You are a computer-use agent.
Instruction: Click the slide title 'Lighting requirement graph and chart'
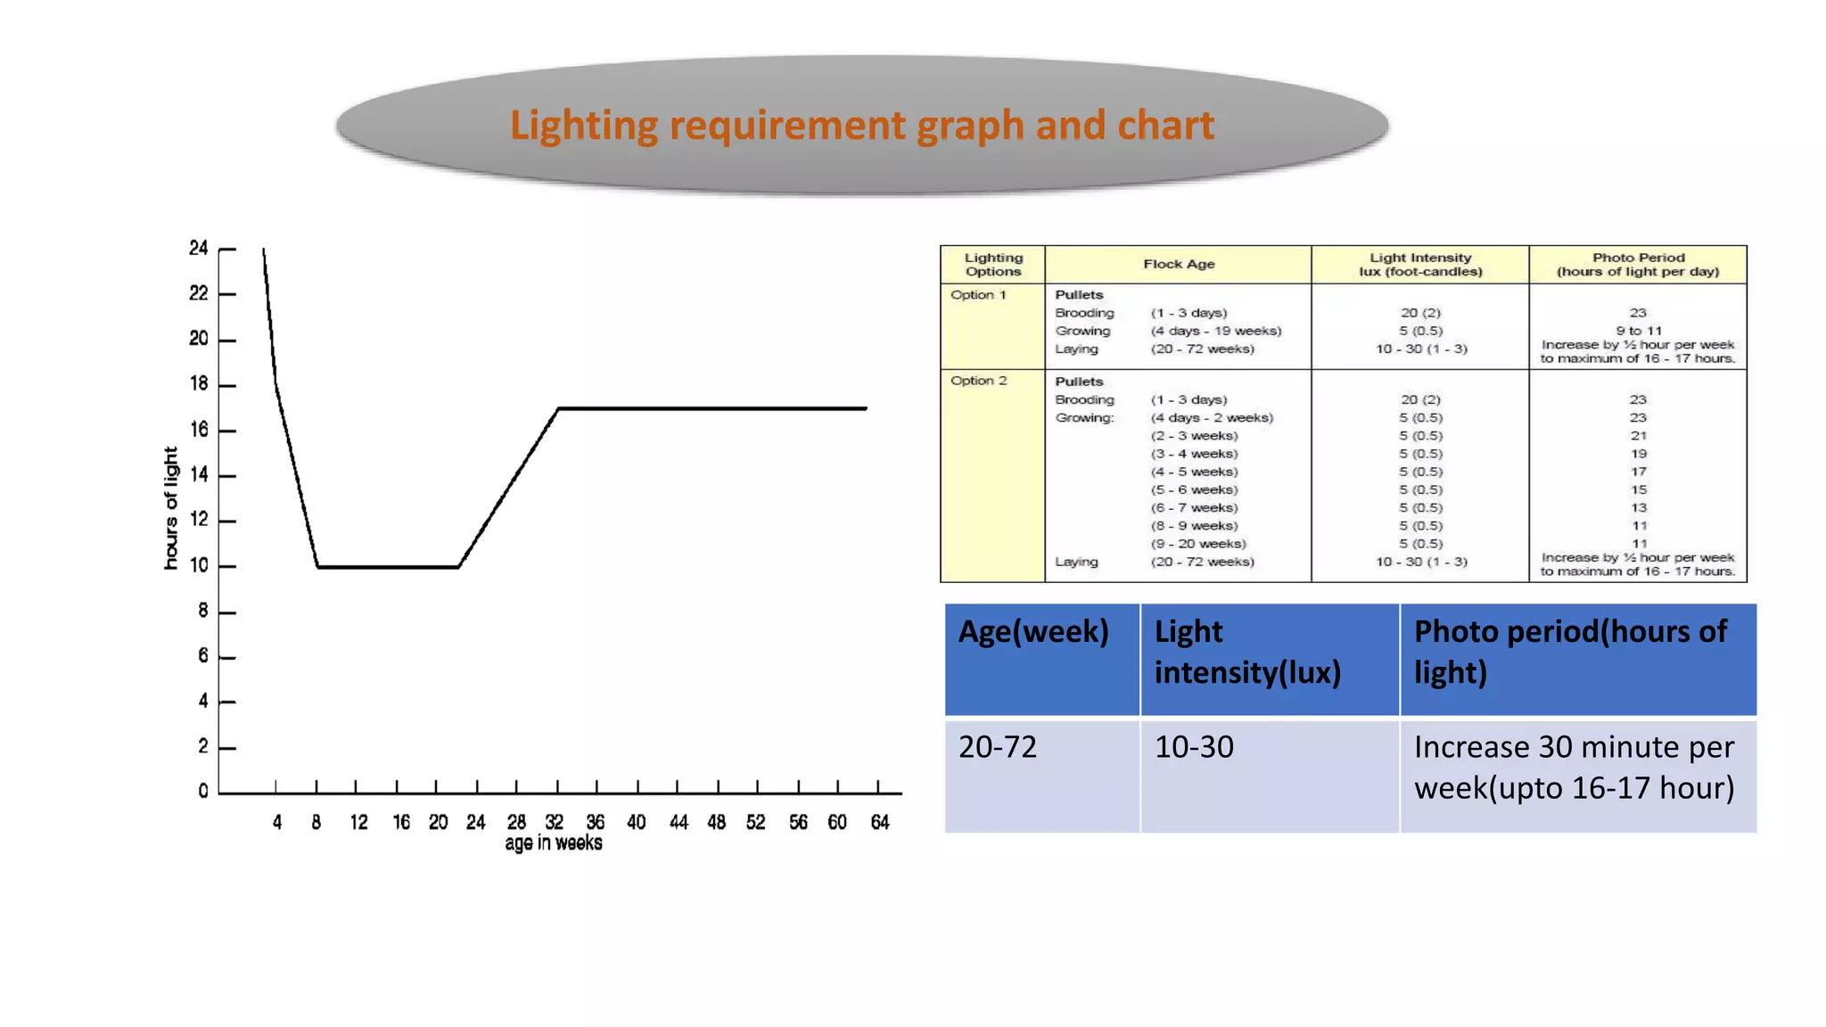[861, 125]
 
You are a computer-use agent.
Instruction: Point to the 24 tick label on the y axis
[198, 248]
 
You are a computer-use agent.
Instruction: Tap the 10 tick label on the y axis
[198, 565]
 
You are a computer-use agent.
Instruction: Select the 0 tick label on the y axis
[203, 791]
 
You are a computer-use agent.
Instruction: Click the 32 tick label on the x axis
[555, 822]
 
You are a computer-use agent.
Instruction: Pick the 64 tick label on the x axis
[880, 822]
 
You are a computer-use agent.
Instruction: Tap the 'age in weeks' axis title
[553, 843]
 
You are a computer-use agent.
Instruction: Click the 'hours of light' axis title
[170, 508]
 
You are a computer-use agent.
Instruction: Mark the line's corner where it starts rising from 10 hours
[458, 567]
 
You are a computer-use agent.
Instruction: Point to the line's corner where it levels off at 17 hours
[558, 408]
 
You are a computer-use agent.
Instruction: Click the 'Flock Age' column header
[1179, 264]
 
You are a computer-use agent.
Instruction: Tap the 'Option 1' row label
[978, 295]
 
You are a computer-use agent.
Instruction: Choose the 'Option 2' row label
[978, 381]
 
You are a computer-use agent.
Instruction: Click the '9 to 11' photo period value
[1639, 331]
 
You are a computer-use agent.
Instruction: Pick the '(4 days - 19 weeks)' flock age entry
[1215, 331]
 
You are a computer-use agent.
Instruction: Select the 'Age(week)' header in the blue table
[1033, 631]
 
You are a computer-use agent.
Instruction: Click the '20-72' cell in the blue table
[998, 747]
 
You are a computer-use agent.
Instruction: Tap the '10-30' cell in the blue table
[1194, 747]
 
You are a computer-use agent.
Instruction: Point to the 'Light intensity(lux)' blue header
[1247, 652]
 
